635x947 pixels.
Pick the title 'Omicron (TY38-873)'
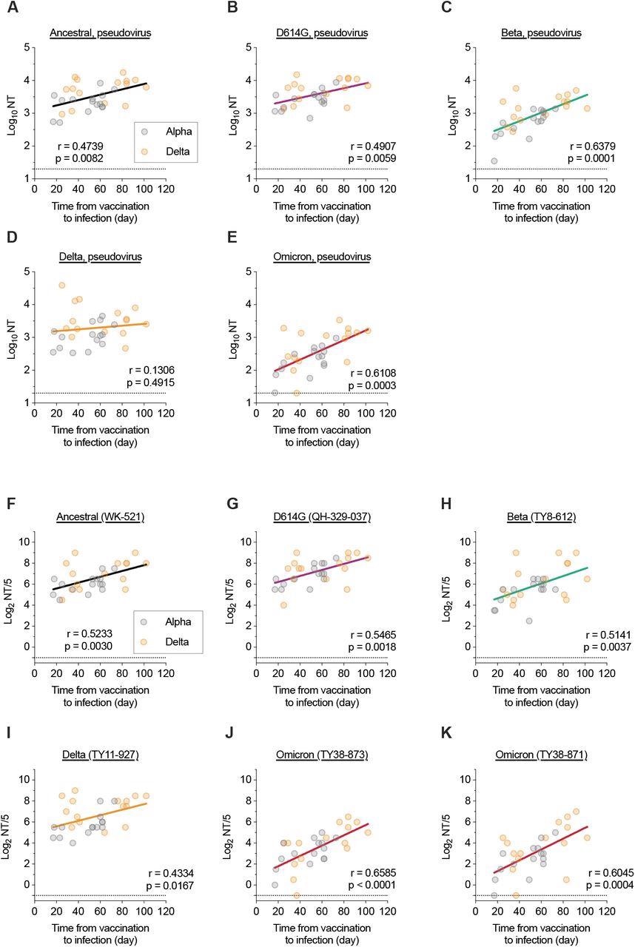[x=322, y=755]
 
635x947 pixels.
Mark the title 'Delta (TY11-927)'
[x=100, y=755]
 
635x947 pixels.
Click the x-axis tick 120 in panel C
[x=606, y=188]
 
